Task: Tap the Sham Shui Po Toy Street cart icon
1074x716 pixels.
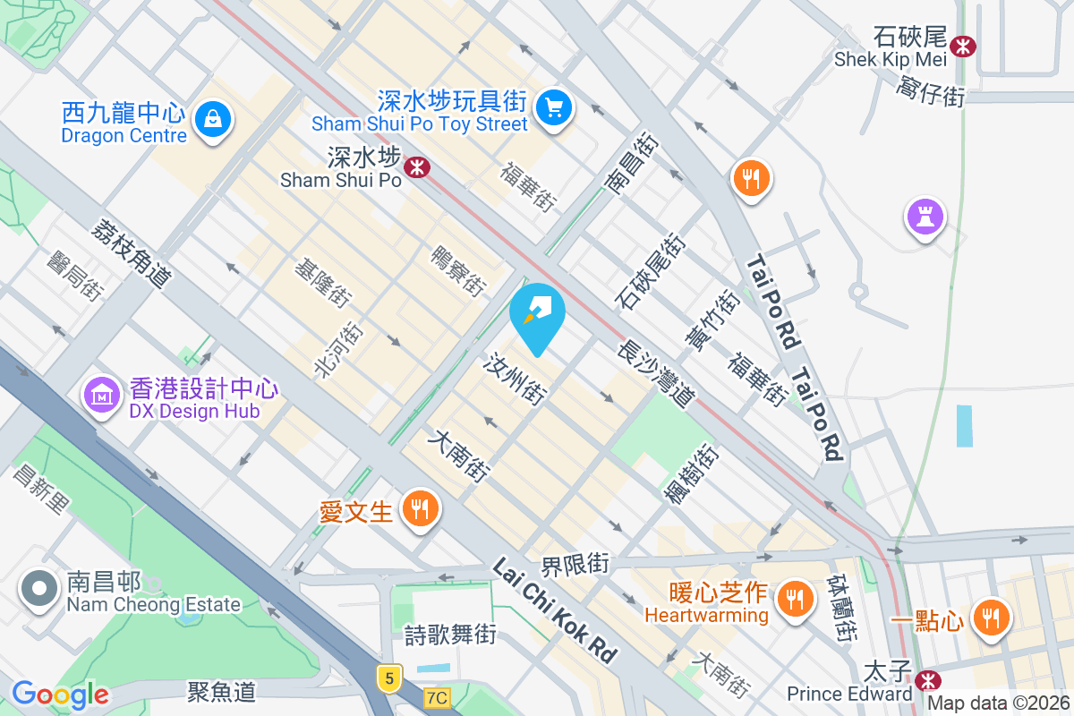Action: tap(554, 107)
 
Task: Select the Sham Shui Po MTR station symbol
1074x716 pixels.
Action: tap(415, 166)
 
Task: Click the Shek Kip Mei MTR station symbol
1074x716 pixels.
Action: tap(963, 46)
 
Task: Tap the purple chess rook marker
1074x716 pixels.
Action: tap(925, 216)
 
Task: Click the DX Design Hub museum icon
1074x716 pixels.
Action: tap(103, 394)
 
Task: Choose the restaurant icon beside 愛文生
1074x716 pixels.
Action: tap(419, 509)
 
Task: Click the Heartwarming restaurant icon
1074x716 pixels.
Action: tap(794, 596)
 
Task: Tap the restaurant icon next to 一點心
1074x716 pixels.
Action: tap(990, 618)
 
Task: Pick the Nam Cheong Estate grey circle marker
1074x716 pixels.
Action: tap(39, 588)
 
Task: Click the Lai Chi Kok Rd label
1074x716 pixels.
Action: tap(555, 611)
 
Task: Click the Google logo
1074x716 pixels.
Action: tap(60, 695)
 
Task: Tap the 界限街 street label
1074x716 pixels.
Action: tap(575, 566)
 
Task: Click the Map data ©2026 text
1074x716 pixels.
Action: tap(998, 703)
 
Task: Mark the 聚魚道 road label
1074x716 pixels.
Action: tap(221, 691)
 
